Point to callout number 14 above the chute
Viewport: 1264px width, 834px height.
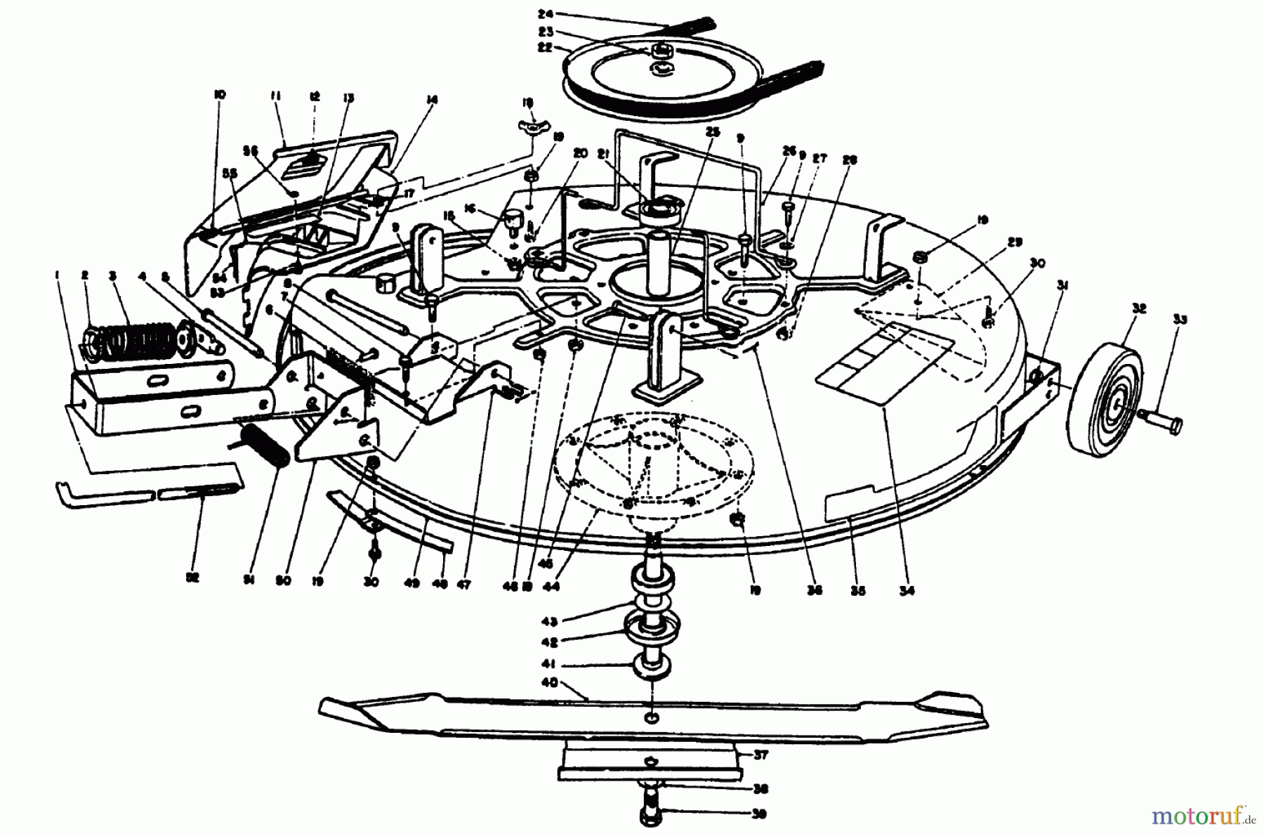431,100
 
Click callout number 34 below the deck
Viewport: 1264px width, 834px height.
907,591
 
